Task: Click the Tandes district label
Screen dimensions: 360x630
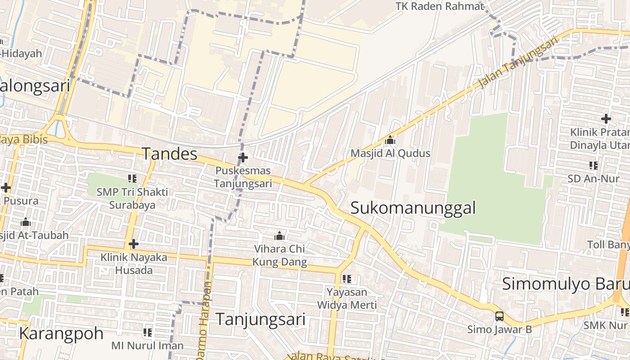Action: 170,154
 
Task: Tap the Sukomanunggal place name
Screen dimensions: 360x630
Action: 413,208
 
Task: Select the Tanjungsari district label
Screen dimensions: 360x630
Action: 261,319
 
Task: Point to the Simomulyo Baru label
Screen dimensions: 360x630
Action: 565,284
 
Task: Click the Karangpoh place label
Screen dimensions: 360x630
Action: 61,333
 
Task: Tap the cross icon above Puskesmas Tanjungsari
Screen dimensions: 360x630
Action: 243,157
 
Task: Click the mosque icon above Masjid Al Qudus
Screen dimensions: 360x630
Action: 390,140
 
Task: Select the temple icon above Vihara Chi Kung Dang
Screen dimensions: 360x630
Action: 279,236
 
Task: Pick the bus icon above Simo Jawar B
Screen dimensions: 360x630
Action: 499,316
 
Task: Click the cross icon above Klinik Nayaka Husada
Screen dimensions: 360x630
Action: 133,244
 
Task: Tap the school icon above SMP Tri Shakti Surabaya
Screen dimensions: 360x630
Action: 132,179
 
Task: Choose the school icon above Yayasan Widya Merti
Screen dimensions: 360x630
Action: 346,279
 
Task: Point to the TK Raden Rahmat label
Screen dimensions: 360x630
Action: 439,6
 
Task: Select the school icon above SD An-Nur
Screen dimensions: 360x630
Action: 594,166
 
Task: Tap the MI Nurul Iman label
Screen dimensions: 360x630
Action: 147,346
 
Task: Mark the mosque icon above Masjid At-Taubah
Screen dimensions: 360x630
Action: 26,222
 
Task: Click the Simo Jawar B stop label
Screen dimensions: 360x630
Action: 499,329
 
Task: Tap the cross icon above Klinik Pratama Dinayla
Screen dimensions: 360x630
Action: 606,119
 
